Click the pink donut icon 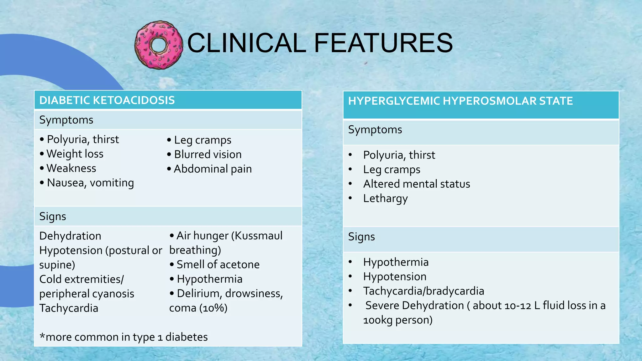point(159,45)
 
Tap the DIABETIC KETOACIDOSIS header point(107,100)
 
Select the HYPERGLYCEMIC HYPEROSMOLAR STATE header point(460,101)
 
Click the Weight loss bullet point(75,154)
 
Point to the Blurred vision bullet point(208,154)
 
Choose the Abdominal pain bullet point(213,169)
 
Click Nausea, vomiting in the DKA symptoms point(90,183)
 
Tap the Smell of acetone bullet point(218,264)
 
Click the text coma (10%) point(198,308)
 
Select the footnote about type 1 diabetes point(124,337)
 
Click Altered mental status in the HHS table point(416,184)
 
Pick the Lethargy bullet point(385,198)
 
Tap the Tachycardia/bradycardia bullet point(424,291)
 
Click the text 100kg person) point(398,320)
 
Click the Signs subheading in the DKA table point(53,217)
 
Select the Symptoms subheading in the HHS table point(375,130)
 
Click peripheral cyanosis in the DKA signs point(87,294)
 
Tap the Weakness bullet point(71,168)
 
